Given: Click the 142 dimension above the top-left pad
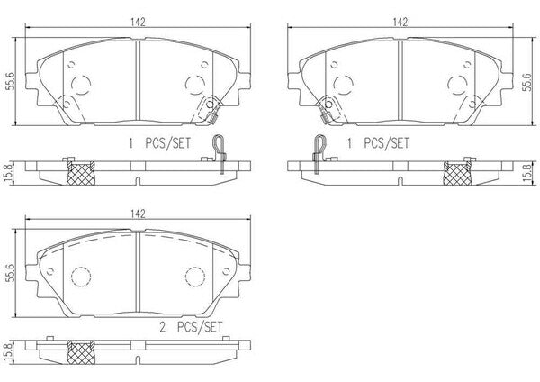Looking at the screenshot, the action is tap(138, 22).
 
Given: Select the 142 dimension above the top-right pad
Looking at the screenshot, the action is tap(400, 22).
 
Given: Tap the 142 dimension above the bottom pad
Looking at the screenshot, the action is tap(138, 214).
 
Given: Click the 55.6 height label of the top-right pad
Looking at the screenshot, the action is tap(526, 82).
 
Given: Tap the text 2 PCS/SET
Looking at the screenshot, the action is tap(191, 327).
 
